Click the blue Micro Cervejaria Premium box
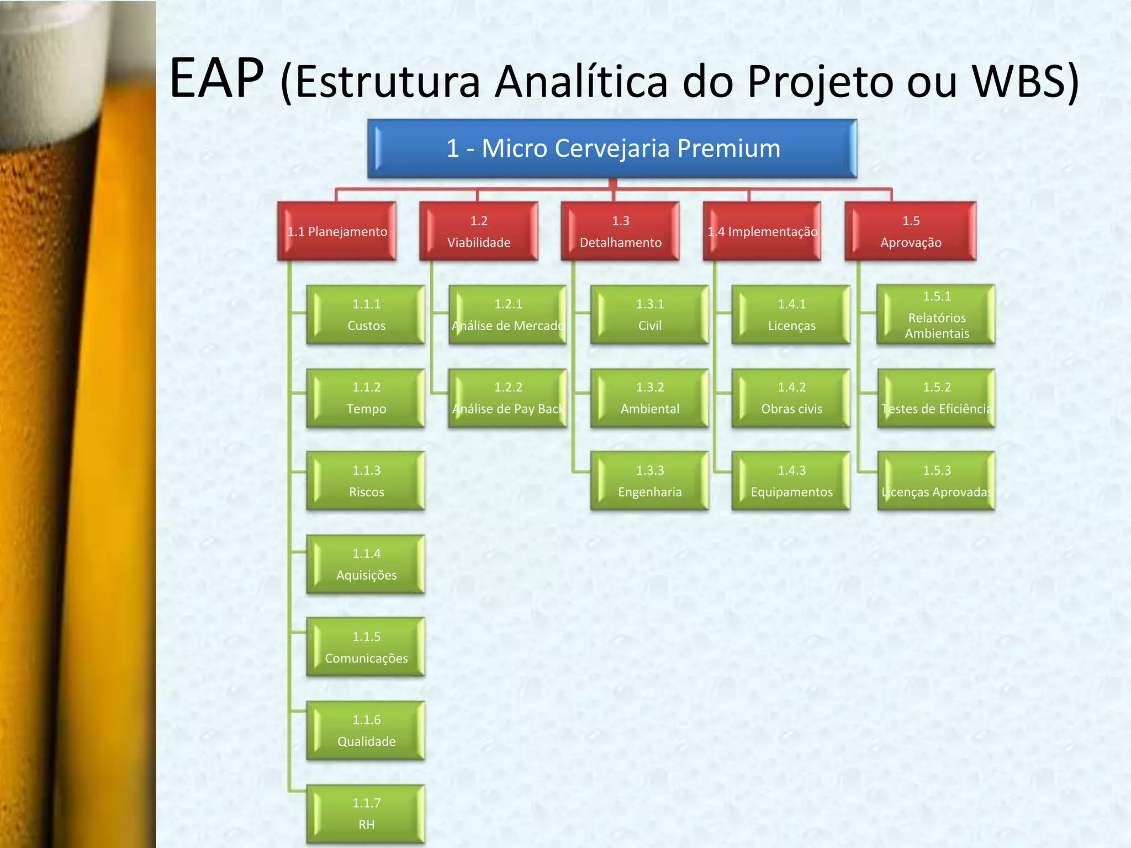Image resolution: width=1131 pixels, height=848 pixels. point(612,149)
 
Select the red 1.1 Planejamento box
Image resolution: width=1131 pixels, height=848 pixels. point(337,231)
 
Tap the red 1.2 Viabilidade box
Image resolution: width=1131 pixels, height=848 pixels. point(479,231)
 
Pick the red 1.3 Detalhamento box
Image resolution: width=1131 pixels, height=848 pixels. point(620,231)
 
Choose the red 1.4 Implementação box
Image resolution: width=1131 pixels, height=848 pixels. point(762,231)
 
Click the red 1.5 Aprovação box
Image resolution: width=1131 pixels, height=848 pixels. point(911,231)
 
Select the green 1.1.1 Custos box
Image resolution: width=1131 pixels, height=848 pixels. point(366,315)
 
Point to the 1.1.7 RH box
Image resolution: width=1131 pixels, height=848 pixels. point(366,814)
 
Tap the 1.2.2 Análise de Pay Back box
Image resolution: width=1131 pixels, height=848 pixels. point(508,398)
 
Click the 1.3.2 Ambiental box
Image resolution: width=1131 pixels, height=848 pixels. point(649,398)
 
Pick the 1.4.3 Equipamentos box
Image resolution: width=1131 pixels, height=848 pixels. point(791,481)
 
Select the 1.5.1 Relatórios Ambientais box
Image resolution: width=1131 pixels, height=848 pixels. point(937,315)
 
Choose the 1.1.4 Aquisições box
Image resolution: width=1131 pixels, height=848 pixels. point(366,564)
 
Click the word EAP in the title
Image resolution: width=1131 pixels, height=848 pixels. point(216,78)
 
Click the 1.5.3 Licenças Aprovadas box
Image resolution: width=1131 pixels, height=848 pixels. point(937,481)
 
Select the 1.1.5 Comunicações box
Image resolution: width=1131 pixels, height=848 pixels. point(366,647)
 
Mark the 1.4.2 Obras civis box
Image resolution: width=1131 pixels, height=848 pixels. point(791,398)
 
